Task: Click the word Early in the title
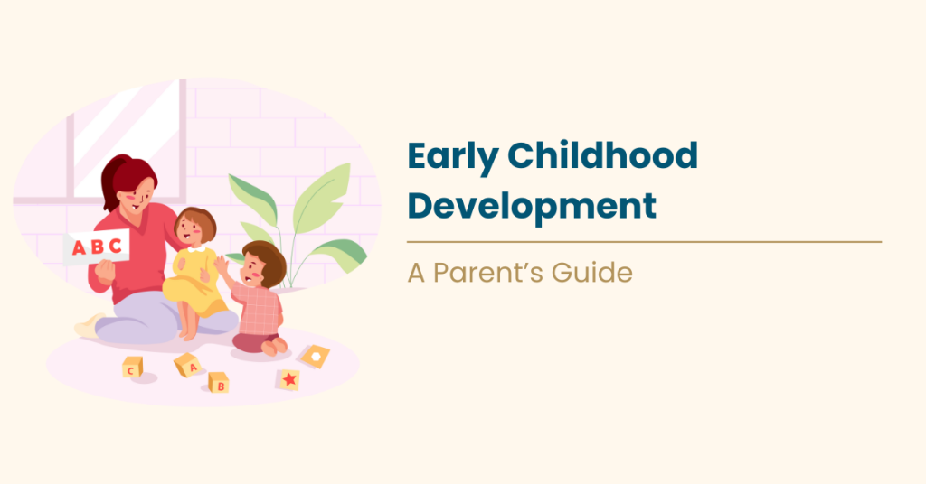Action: point(452,157)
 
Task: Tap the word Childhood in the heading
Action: point(603,157)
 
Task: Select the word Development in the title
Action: point(532,206)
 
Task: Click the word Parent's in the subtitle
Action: point(488,274)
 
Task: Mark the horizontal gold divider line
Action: point(644,241)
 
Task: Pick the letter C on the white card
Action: point(115,246)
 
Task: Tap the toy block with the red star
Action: point(288,379)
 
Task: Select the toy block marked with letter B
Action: point(219,383)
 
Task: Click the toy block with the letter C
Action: point(132,368)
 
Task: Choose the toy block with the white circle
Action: point(315,356)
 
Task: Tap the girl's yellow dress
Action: point(194,288)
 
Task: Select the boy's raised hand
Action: point(221,264)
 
